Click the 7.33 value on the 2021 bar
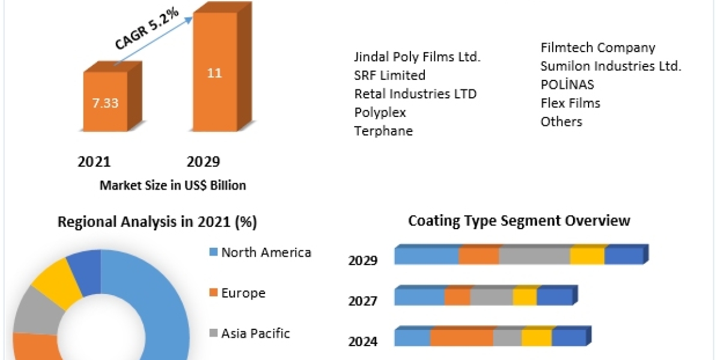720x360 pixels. (105, 103)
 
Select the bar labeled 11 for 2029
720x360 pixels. (214, 73)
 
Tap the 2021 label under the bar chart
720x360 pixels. (94, 161)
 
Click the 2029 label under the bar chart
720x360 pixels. (203, 161)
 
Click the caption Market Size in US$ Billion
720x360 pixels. (173, 185)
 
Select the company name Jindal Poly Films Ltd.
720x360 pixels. (418, 57)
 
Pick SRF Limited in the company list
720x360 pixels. (390, 75)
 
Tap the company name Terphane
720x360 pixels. (383, 131)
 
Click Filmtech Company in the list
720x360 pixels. (598, 47)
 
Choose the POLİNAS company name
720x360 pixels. (567, 85)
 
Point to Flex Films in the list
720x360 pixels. (570, 103)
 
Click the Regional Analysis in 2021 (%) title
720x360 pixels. (157, 222)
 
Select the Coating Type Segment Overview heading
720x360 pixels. (519, 220)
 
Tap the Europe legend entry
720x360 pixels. (243, 293)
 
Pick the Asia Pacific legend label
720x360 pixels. (256, 333)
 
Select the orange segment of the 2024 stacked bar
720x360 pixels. (461, 338)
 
